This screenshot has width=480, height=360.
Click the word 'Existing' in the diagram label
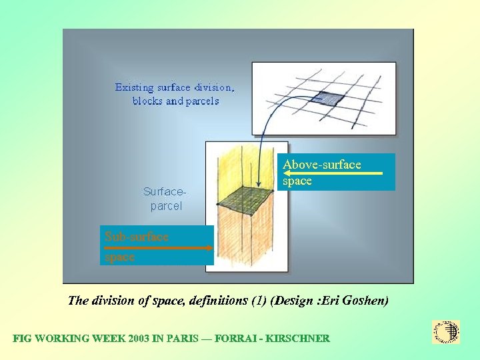click(x=133, y=87)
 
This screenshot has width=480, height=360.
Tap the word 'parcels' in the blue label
click(x=201, y=101)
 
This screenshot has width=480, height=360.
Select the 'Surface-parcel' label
click(x=165, y=199)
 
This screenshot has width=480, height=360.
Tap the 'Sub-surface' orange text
click(x=137, y=236)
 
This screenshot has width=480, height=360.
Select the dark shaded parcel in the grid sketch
click(x=331, y=98)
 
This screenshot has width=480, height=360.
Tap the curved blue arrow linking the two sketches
click(x=267, y=127)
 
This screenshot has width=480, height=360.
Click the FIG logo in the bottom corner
click(x=446, y=332)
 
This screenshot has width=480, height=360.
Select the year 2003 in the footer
click(x=136, y=339)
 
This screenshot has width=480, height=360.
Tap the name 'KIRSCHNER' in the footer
click(x=297, y=339)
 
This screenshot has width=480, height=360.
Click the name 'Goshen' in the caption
click(x=367, y=301)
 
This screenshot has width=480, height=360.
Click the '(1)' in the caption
click(x=258, y=301)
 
